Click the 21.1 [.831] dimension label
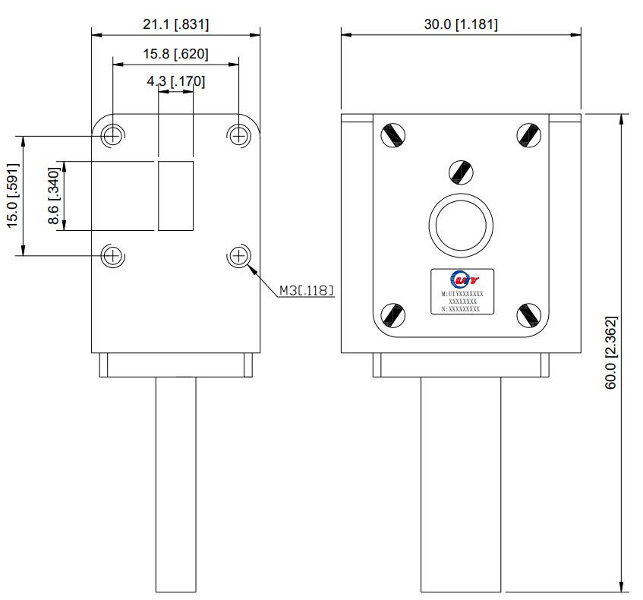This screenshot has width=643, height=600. [x=175, y=24]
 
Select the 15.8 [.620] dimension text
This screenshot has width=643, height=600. [x=175, y=55]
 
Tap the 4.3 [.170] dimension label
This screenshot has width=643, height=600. [x=175, y=81]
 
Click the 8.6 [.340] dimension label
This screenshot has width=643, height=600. [x=53, y=196]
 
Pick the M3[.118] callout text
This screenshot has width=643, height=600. [x=306, y=289]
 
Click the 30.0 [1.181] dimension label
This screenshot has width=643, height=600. [x=461, y=24]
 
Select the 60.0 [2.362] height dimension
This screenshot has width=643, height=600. [x=611, y=353]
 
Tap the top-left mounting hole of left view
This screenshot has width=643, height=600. [x=113, y=136]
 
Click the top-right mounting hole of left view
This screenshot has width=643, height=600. [x=238, y=136]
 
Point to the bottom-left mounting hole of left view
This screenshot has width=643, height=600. [x=113, y=255]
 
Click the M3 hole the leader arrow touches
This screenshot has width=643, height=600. [x=238, y=255]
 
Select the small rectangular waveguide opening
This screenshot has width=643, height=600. [x=175, y=196]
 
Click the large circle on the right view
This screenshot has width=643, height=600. [x=461, y=226]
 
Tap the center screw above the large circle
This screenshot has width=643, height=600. [x=460, y=172]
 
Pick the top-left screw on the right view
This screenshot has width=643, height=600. [x=392, y=135]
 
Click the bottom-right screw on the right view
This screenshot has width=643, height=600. [x=528, y=314]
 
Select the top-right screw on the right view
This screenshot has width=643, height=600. [x=528, y=135]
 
